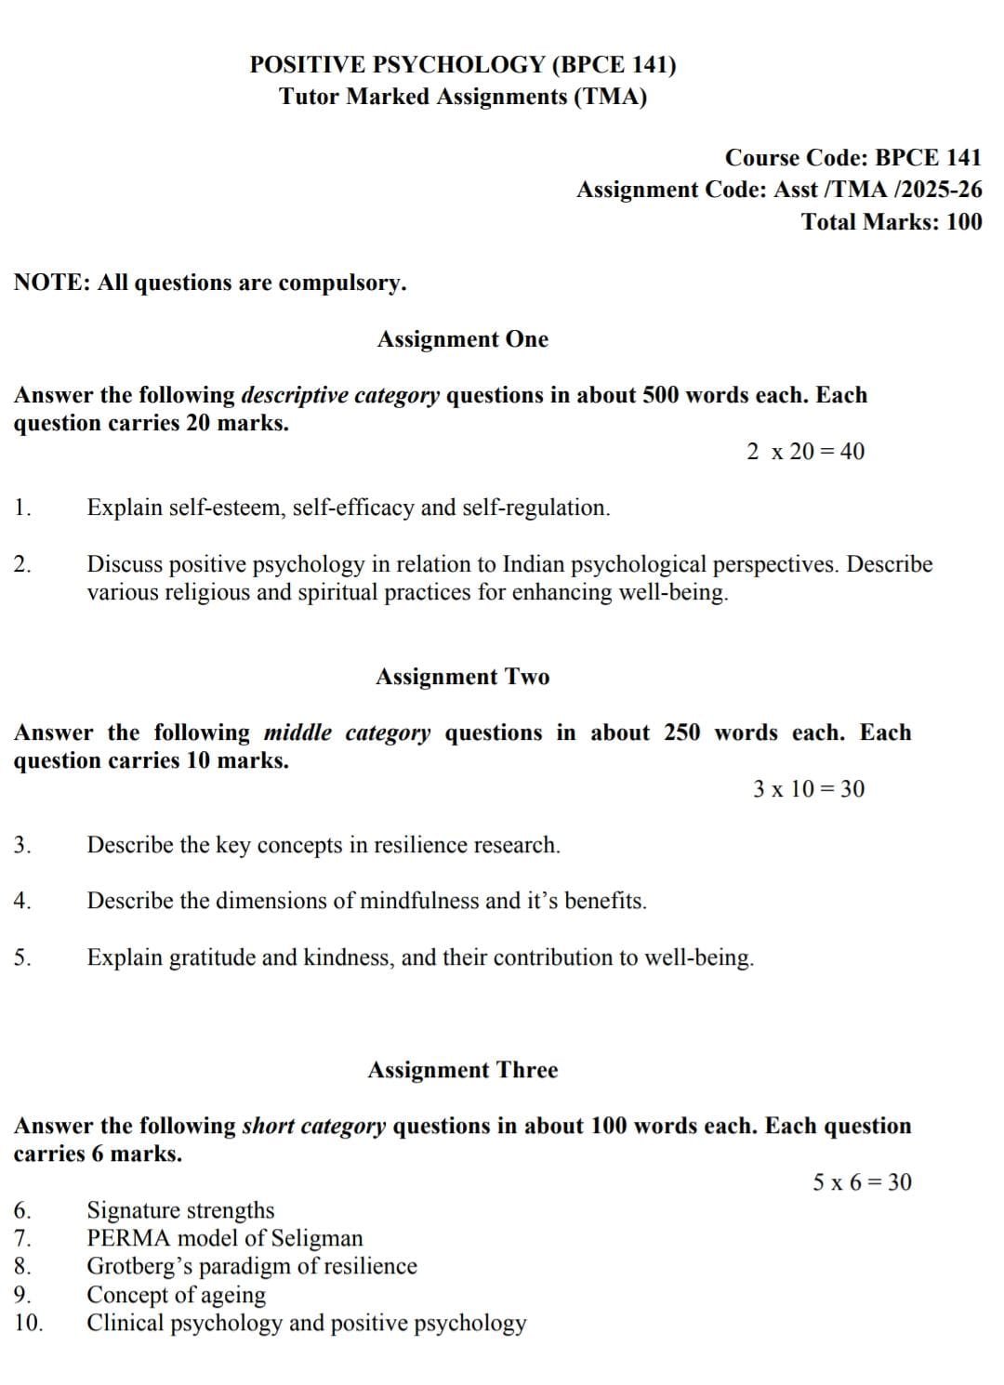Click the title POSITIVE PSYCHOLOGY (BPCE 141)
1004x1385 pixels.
coord(463,65)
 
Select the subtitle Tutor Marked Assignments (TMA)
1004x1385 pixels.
coord(463,97)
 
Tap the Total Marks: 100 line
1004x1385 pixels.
coord(891,222)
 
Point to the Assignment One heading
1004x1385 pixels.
coord(463,339)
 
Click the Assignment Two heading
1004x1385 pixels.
coord(463,677)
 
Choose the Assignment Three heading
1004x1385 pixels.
coord(463,1070)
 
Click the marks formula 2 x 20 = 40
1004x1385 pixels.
coord(805,452)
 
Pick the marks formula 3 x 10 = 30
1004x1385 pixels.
coord(809,789)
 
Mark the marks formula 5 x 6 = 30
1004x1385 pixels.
coord(862,1182)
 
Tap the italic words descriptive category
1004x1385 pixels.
coord(340,395)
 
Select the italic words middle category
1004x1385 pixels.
coord(347,732)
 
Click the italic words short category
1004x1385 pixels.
coord(313,1126)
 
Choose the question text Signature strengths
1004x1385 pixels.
coord(180,1210)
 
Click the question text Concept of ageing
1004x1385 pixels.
coord(176,1295)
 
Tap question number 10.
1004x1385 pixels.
coord(29,1323)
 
